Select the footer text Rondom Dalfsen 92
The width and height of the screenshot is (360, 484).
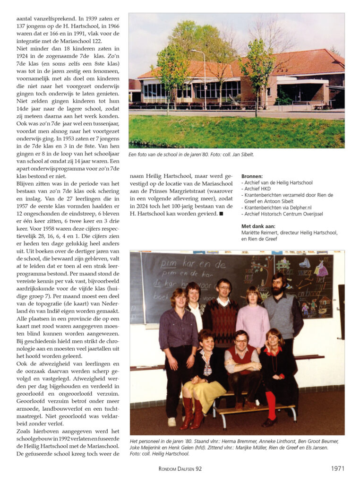coord(180,469)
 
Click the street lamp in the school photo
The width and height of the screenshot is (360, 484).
coord(205,76)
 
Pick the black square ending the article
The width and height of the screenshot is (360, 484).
coord(221,214)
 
